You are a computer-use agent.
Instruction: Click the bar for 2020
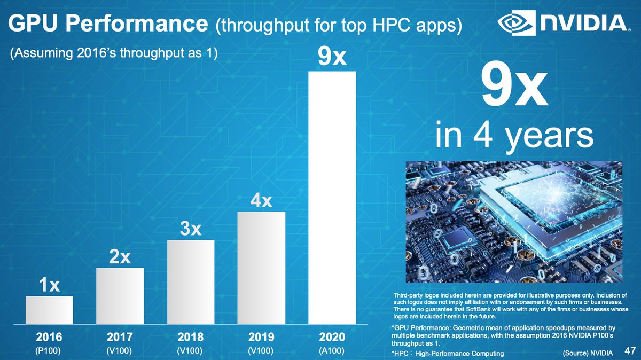pos(332,198)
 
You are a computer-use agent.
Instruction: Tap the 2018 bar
pos(191,282)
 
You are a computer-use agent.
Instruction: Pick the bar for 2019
pos(261,268)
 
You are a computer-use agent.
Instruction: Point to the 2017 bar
pos(120,296)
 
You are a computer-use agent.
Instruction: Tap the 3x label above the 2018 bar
pos(191,229)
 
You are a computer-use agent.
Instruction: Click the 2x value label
pos(120,257)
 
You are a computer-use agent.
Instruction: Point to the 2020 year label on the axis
pos(332,338)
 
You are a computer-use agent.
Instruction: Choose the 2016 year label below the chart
pos(49,338)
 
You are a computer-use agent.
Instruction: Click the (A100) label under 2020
pos(332,351)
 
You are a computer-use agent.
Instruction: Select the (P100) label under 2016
pos(49,351)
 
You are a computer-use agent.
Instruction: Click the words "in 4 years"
pos(514,136)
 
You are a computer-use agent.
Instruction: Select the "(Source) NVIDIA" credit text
pos(587,353)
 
